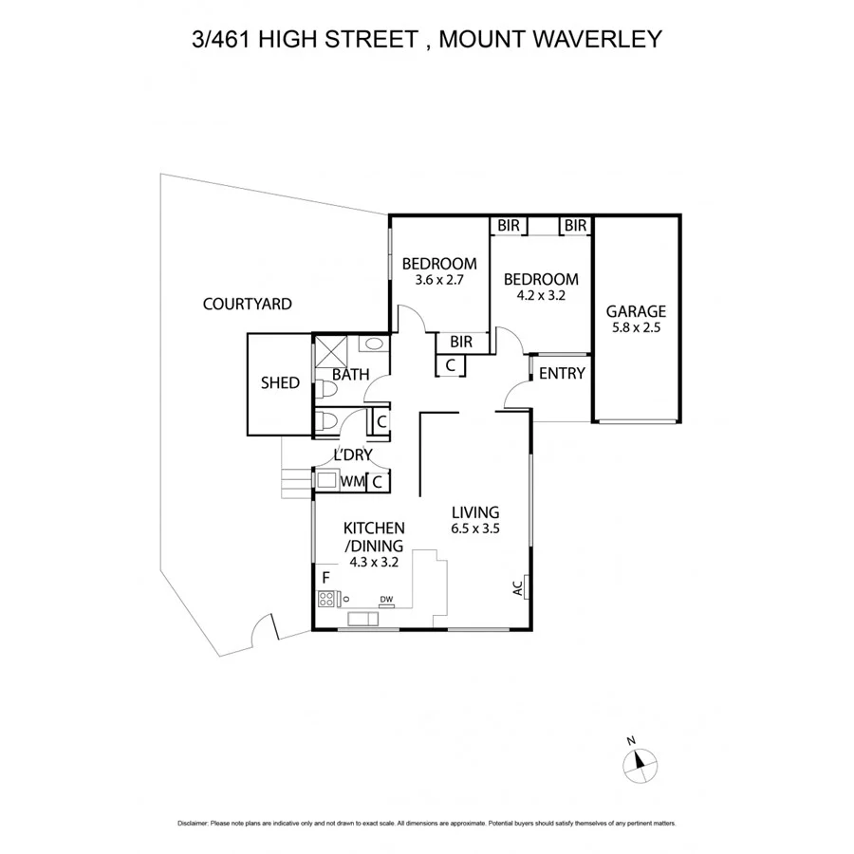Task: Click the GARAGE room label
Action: pyautogui.click(x=636, y=311)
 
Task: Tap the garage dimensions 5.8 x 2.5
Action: pyautogui.click(x=636, y=328)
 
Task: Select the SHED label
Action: pyautogui.click(x=280, y=383)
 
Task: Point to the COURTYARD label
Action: pyautogui.click(x=247, y=305)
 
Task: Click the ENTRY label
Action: pyautogui.click(x=562, y=374)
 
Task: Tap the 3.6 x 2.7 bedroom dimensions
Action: pyautogui.click(x=437, y=280)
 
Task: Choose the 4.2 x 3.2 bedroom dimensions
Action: pyautogui.click(x=540, y=296)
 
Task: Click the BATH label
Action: pyautogui.click(x=350, y=375)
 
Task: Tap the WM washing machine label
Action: pyautogui.click(x=352, y=482)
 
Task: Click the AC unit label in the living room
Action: pyautogui.click(x=519, y=588)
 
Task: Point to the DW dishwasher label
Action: pyautogui.click(x=386, y=599)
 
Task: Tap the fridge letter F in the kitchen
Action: pyautogui.click(x=325, y=577)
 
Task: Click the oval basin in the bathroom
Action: pyautogui.click(x=374, y=344)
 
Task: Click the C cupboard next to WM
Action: pyautogui.click(x=377, y=482)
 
